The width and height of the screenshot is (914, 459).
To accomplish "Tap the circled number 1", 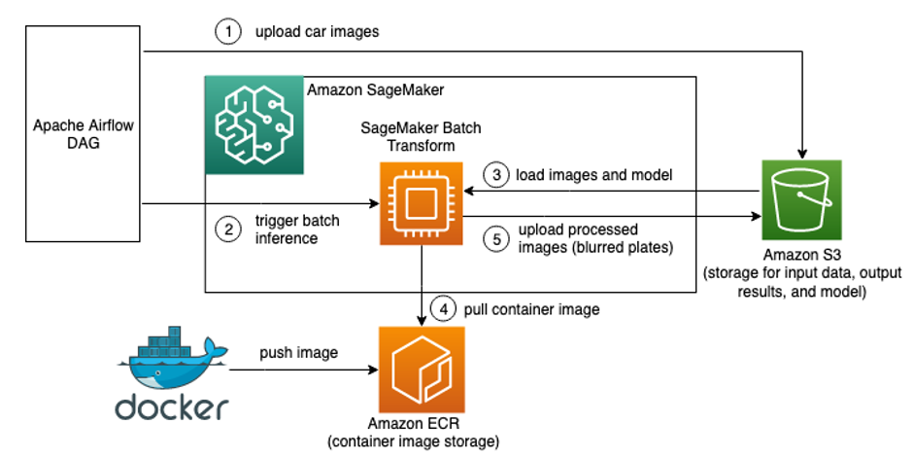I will [226, 32].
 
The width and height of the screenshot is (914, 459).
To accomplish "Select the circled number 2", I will [226, 229].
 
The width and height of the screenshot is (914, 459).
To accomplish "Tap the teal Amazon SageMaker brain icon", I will [253, 125].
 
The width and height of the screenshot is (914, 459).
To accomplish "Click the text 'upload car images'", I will [317, 32].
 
